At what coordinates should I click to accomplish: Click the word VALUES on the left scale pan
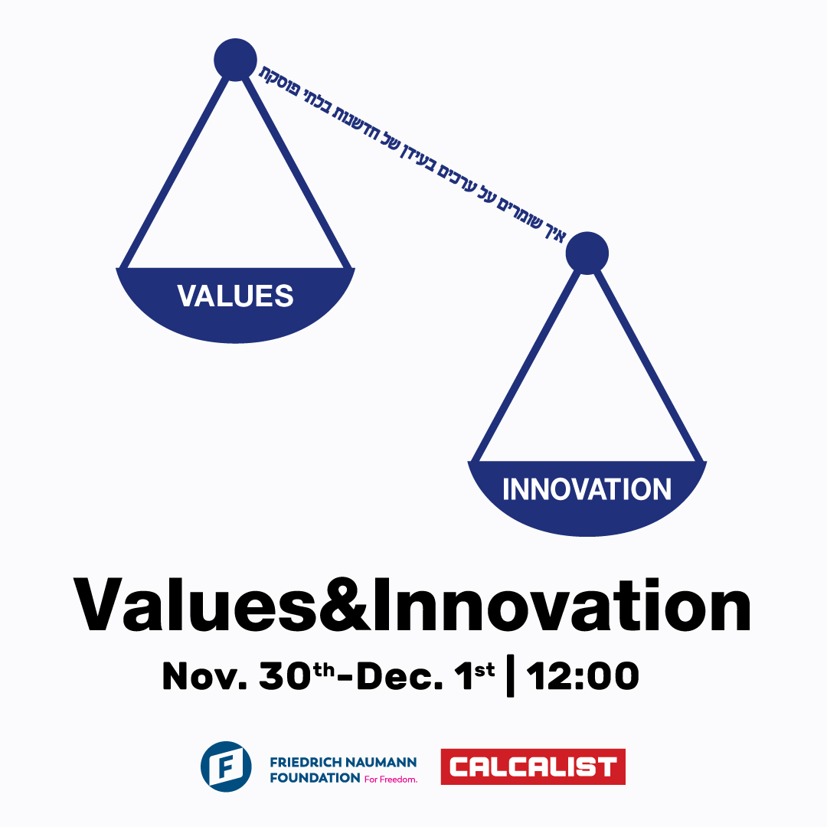[x=235, y=296]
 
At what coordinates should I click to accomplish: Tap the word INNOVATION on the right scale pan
[x=587, y=489]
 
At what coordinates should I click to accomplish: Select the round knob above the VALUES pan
[x=235, y=59]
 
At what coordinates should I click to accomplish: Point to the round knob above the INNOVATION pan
[x=587, y=253]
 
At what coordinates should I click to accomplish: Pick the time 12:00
[x=582, y=677]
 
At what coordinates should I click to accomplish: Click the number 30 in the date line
[x=286, y=677]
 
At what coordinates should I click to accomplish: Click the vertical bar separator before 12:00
[x=510, y=677]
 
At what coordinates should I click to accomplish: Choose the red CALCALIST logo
[x=533, y=767]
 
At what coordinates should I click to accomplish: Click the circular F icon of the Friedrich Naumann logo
[x=226, y=767]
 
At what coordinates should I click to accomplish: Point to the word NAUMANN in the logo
[x=381, y=763]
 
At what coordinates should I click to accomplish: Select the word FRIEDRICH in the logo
[x=306, y=763]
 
